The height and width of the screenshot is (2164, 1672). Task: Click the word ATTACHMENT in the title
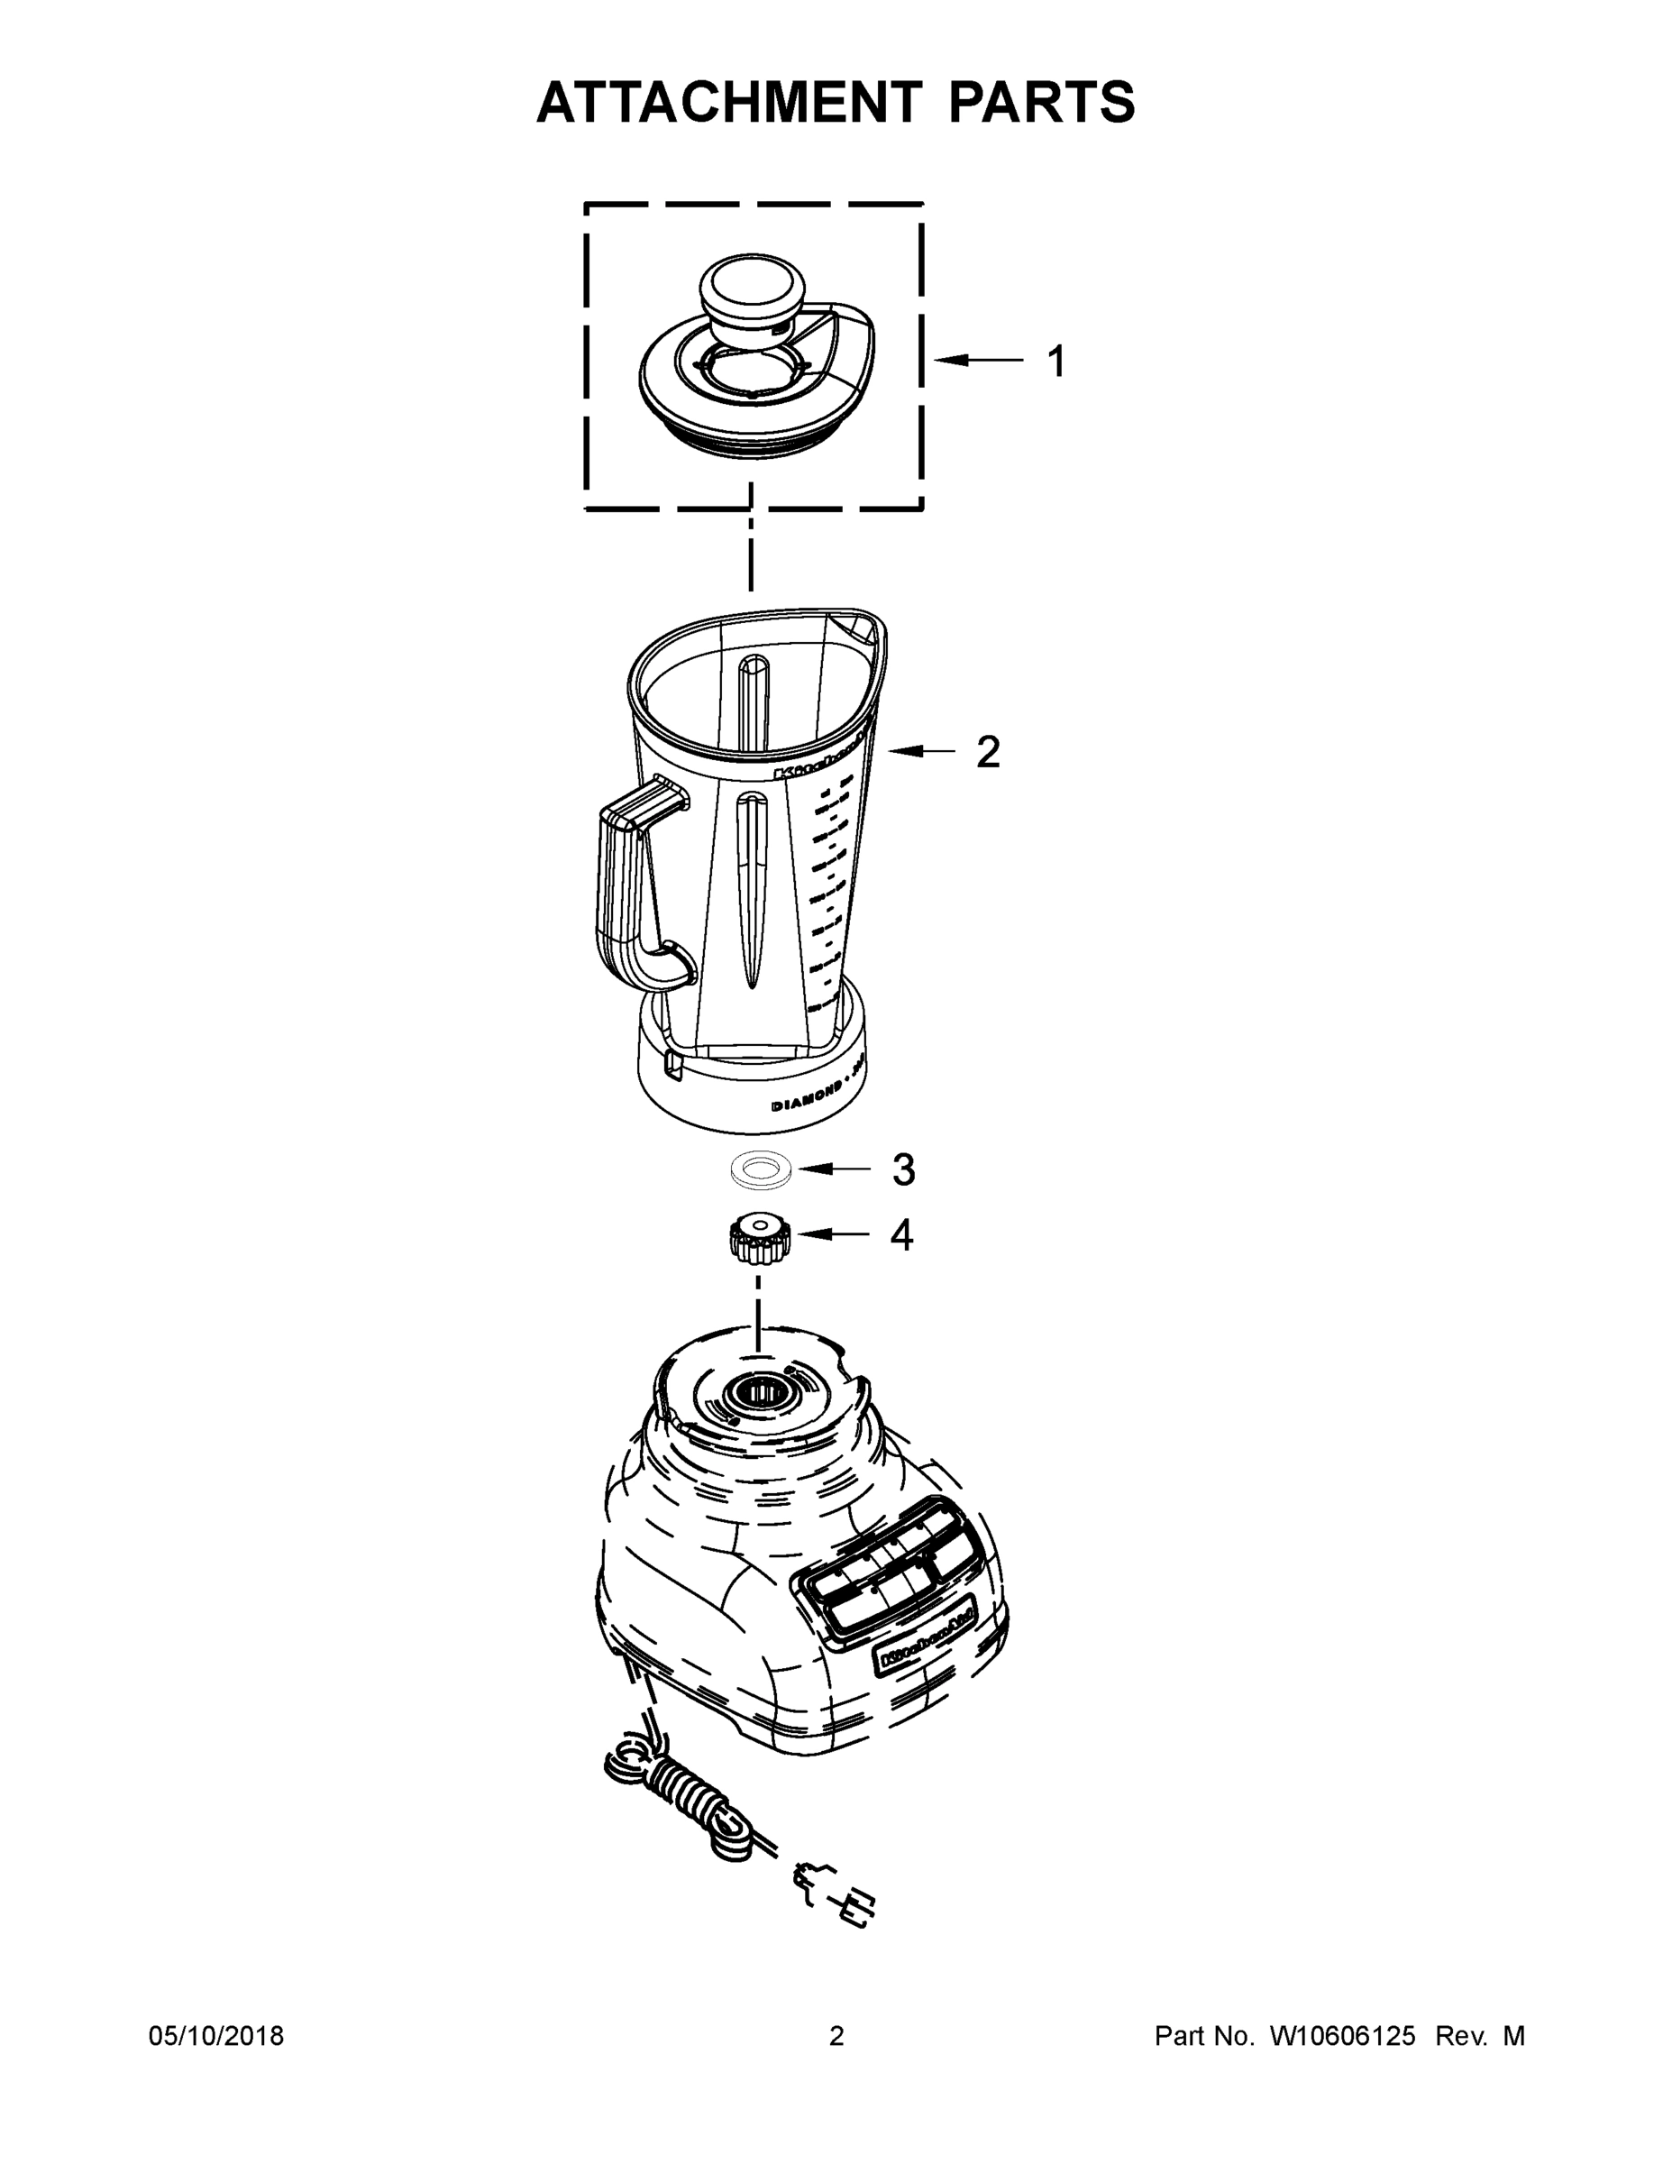[x=728, y=102]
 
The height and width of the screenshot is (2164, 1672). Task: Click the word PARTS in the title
[x=1040, y=102]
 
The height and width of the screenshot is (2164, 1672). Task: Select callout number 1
[x=1057, y=362]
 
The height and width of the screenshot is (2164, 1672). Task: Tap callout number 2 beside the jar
[x=988, y=752]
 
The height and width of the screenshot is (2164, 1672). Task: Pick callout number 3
[x=902, y=1169]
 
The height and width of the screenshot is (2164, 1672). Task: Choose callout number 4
[x=901, y=1234]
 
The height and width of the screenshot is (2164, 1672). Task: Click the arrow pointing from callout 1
[x=979, y=361]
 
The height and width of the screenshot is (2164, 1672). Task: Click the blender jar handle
[x=624, y=892]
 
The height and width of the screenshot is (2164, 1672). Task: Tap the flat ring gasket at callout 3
[x=761, y=1170]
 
